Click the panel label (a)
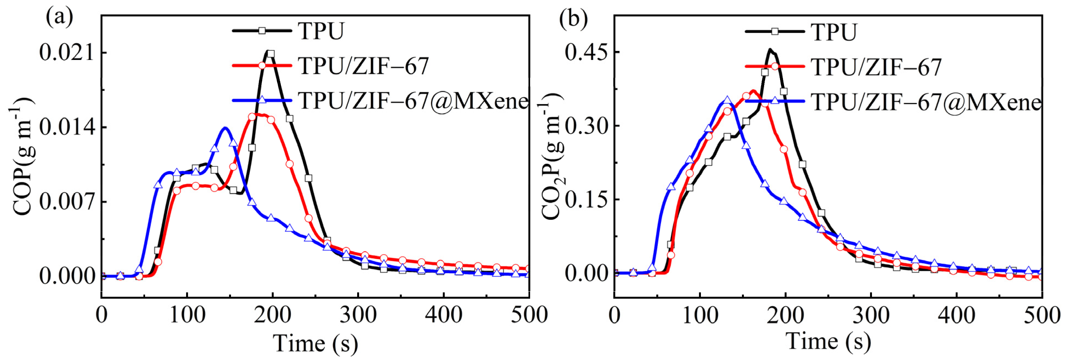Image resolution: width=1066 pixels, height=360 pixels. [60, 17]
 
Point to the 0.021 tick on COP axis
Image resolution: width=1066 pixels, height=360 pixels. [67, 53]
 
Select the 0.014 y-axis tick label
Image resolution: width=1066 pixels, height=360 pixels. [67, 127]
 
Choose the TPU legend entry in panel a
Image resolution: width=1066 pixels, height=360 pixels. [321, 31]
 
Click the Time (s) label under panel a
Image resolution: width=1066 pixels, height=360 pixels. [315, 344]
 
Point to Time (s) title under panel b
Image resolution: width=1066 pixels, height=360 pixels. [828, 342]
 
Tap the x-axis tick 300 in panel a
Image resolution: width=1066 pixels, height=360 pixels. [358, 315]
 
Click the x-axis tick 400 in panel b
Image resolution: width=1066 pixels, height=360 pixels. [956, 315]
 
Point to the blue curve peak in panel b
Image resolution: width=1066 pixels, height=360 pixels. [727, 100]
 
